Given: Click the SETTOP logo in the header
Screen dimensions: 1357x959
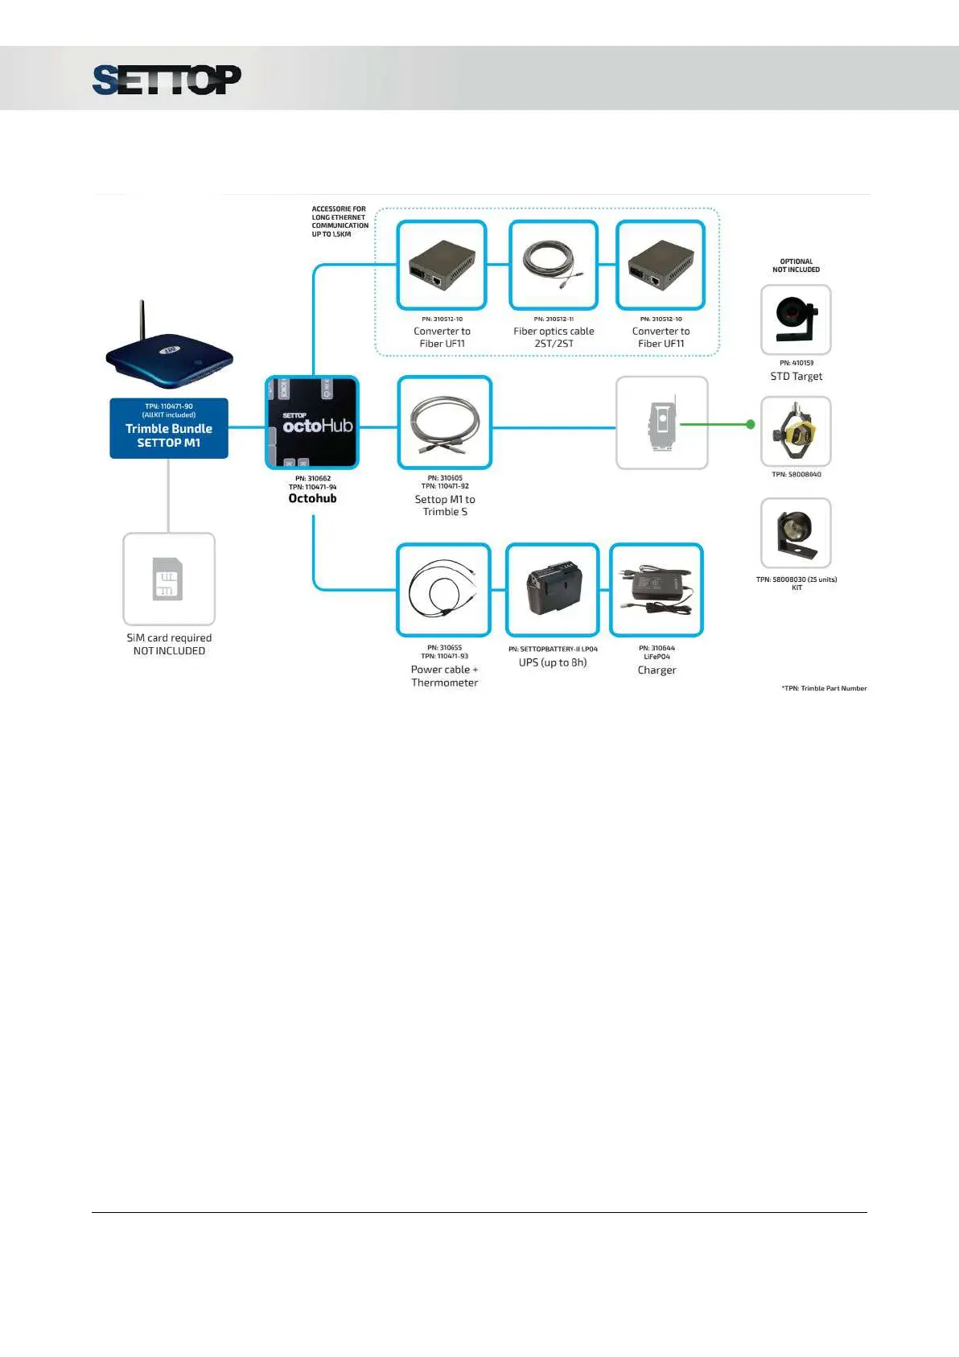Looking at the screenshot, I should click(167, 80).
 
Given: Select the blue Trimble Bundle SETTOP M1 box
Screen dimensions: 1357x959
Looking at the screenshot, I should click(169, 428).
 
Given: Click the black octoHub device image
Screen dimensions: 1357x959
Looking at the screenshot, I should click(312, 423).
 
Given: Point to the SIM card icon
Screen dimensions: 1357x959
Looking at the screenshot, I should click(168, 579).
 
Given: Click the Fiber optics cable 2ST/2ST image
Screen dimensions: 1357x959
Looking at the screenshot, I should click(554, 265).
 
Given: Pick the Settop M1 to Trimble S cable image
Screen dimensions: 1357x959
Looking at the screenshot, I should click(445, 423).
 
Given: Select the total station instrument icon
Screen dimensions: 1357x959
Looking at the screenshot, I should click(661, 423).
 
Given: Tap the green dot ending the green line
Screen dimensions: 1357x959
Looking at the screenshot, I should click(751, 424).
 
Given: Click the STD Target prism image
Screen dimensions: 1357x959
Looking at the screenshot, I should click(796, 320).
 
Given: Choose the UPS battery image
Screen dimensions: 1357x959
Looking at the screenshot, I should click(553, 590).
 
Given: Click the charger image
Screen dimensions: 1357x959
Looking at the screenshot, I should click(656, 590).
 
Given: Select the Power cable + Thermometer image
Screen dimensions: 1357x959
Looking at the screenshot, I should click(444, 590).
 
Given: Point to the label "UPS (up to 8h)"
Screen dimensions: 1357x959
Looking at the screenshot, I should click(553, 662).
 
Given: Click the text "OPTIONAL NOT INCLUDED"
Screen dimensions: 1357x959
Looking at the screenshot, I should click(796, 266).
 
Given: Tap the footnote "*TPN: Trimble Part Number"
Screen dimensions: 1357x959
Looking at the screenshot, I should click(824, 688).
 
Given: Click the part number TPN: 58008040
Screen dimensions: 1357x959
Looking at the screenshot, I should click(796, 474).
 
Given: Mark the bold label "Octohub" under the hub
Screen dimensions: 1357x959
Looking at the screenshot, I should click(312, 498).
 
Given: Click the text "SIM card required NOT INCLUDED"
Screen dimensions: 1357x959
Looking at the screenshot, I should click(169, 644).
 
